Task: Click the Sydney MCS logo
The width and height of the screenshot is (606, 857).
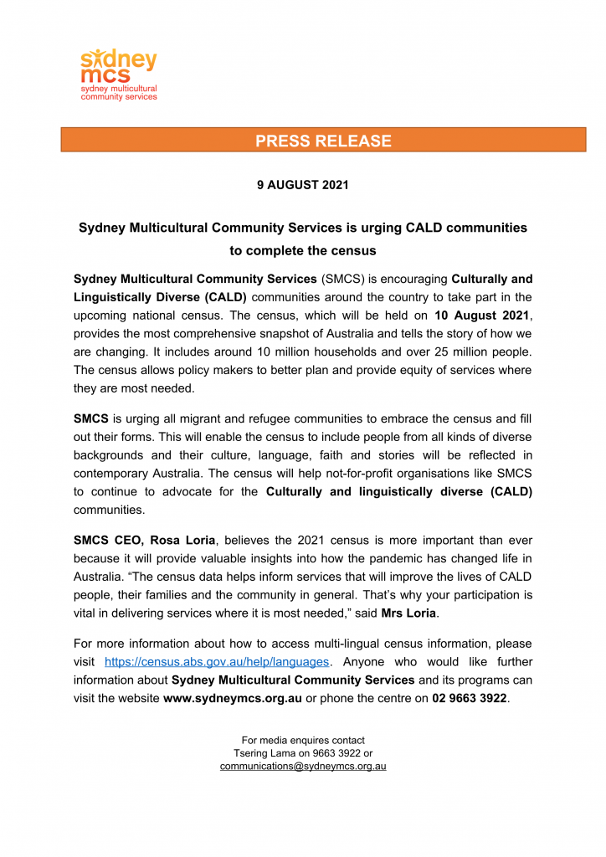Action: pyautogui.click(x=118, y=74)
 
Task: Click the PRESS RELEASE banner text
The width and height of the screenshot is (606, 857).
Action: pyautogui.click(x=323, y=141)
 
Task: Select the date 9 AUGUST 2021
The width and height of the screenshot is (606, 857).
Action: pyautogui.click(x=302, y=185)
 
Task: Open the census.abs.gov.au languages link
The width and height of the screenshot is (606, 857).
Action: pyautogui.click(x=217, y=662)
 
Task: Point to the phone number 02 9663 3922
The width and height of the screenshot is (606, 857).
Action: pyautogui.click(x=470, y=699)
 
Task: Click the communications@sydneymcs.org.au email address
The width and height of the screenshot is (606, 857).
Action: pyautogui.click(x=302, y=766)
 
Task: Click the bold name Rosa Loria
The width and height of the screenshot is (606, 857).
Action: pyautogui.click(x=182, y=541)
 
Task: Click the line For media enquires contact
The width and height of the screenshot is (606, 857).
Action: pyautogui.click(x=302, y=741)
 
